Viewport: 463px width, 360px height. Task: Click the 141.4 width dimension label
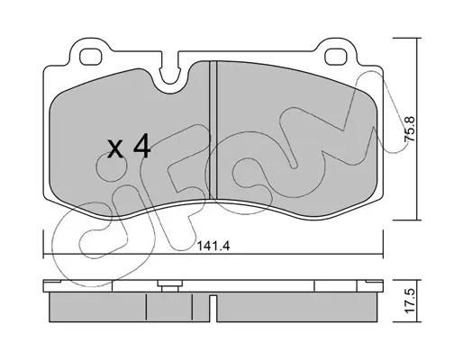(213, 247)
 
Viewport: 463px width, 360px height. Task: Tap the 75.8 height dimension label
(410, 129)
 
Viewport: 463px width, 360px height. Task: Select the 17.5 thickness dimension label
(410, 301)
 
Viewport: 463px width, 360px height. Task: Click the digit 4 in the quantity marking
(141, 146)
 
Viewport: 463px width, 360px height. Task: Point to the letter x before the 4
(115, 149)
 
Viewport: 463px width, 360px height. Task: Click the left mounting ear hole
(90, 56)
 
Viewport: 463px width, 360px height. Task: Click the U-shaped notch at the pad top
(170, 74)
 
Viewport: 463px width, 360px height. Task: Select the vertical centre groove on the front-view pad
(213, 130)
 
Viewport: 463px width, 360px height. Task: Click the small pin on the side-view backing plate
(170, 285)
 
